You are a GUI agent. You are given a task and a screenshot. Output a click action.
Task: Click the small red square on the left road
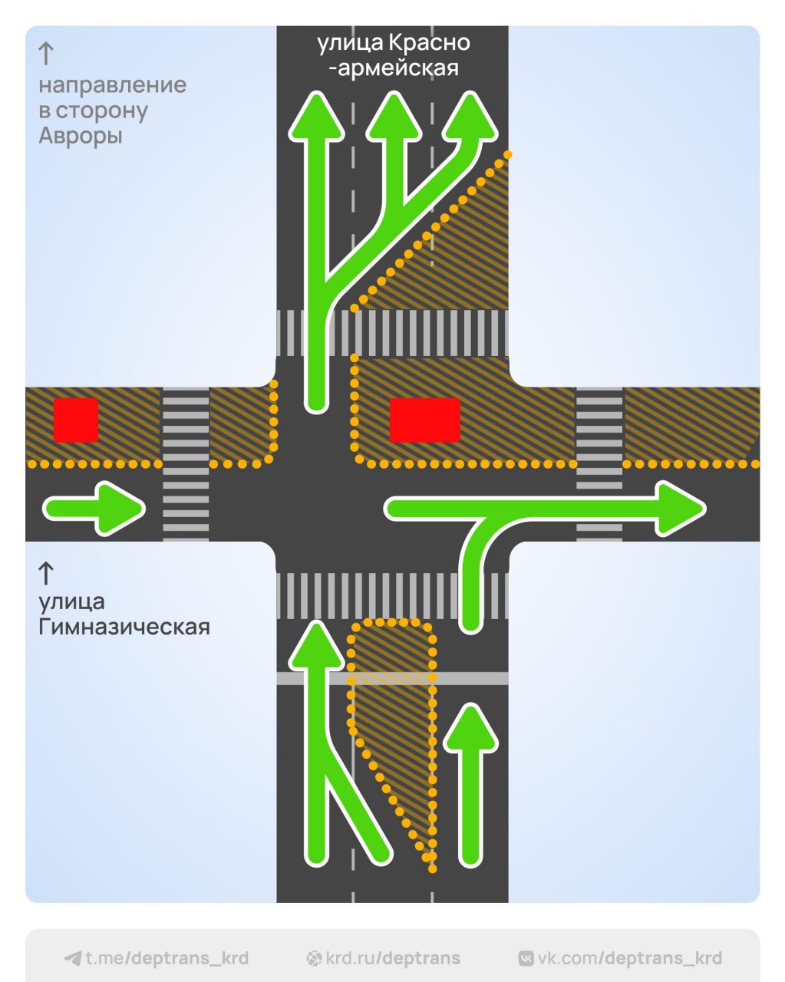tap(76, 420)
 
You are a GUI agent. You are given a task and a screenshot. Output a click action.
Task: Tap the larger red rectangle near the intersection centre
tap(424, 420)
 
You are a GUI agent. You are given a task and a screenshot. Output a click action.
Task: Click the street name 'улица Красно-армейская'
tap(393, 55)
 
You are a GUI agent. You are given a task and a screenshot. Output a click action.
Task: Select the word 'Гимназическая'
tap(124, 627)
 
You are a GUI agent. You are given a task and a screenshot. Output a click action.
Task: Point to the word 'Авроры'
tap(81, 137)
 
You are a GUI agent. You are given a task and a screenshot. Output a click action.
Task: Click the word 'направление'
tap(113, 84)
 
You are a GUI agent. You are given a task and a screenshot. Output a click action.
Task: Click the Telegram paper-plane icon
tap(73, 958)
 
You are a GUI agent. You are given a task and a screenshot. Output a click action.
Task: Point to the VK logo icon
tap(526, 958)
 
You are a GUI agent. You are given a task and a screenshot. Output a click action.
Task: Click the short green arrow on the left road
tap(94, 508)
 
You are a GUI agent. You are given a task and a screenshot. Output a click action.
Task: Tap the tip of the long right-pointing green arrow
tap(694, 508)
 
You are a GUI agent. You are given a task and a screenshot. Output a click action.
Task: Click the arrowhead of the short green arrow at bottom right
tap(471, 729)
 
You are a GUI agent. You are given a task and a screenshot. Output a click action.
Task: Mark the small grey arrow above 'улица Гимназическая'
tap(46, 573)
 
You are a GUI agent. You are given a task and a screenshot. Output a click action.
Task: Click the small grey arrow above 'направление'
tap(46, 54)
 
